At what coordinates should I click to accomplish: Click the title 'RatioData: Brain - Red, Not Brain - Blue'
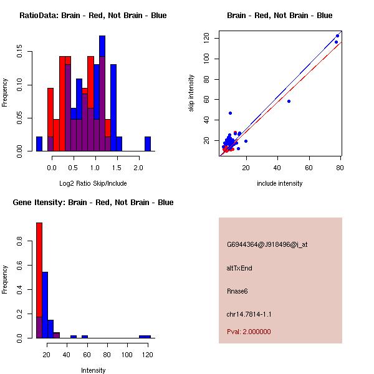tap(93, 15)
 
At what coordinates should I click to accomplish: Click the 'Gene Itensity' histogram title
tap(93, 202)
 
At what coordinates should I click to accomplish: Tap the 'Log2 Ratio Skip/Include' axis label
tap(93, 183)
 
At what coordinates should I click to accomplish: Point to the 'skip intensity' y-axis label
tap(191, 93)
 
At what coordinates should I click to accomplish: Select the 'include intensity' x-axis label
tap(280, 183)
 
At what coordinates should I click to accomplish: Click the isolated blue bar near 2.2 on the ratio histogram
tap(148, 144)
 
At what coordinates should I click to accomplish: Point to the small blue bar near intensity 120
tap(145, 337)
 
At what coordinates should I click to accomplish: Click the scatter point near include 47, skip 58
tap(289, 101)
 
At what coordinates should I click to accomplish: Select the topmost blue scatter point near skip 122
tap(338, 36)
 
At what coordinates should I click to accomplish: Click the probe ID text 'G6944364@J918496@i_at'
tap(267, 244)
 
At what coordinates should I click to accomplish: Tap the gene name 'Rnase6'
tap(237, 290)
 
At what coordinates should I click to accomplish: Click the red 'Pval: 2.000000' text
tap(249, 332)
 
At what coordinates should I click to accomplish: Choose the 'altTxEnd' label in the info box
tap(239, 268)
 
